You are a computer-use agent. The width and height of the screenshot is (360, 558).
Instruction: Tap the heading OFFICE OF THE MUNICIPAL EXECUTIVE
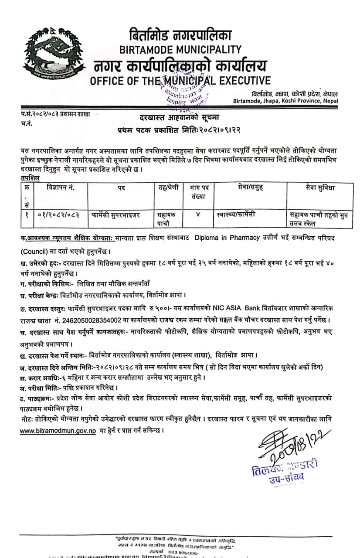[180, 81]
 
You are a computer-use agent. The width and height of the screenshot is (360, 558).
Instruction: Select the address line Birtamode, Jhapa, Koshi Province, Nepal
[285, 101]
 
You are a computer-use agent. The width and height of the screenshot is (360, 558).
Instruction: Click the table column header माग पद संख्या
[200, 192]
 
